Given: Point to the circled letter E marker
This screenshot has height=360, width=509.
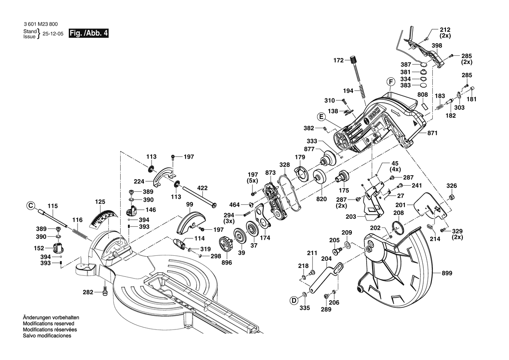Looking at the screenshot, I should pyautogui.click(x=321, y=116).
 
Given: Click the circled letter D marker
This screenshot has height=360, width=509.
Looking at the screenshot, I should pyautogui.click(x=294, y=299).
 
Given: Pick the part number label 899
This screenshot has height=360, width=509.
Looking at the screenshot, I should pyautogui.click(x=447, y=273).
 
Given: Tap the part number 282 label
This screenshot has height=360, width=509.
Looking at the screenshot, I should pyautogui.click(x=88, y=292).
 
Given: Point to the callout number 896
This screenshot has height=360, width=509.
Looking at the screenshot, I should pyautogui.click(x=226, y=262).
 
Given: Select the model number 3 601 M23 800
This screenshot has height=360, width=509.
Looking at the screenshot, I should pyautogui.click(x=40, y=24).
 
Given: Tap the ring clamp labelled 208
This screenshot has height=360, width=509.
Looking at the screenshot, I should pyautogui.click(x=398, y=226).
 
